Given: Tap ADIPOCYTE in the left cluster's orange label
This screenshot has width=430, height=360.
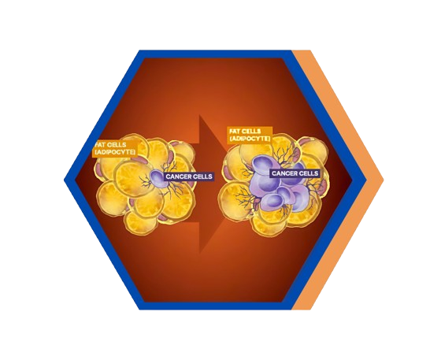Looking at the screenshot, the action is click(115, 152).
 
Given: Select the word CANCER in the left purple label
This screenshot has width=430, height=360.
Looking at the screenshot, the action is click(177, 176).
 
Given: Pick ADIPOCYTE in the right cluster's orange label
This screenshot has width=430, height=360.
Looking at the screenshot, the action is click(250, 139).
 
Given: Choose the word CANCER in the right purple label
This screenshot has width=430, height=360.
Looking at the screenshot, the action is click(284, 173).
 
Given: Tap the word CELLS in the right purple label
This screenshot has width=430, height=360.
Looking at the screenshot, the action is click(308, 173).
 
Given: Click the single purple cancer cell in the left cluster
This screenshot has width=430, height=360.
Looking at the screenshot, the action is click(158, 177).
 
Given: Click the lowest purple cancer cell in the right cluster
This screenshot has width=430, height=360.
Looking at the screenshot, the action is click(271, 202).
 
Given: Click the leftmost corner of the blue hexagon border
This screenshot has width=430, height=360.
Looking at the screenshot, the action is click(64, 180).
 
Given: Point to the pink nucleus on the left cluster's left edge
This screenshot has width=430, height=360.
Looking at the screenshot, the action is click(98, 170).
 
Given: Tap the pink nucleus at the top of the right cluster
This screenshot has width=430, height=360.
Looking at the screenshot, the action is click(305, 142).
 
